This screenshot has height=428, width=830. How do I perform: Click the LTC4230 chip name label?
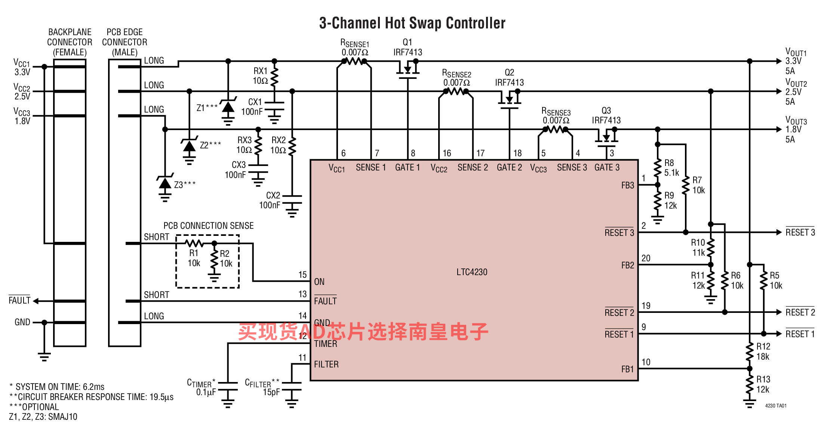pos(472,272)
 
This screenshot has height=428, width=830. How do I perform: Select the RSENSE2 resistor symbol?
pos(456,91)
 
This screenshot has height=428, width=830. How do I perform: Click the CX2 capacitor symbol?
pos(292,199)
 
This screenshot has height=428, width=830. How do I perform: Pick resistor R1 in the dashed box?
pos(194,243)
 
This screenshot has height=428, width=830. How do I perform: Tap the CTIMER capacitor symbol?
pos(228,386)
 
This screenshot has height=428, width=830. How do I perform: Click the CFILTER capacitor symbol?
pos(292,386)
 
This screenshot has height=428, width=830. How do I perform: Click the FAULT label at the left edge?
pos(19,300)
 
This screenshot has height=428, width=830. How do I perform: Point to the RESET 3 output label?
pos(800,232)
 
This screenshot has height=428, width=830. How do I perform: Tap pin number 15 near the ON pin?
pos(302,275)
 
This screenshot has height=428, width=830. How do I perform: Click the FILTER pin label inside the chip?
pos(326,364)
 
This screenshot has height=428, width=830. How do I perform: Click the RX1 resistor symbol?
pos(274,76)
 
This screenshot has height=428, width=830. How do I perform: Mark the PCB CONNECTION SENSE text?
pos(209,225)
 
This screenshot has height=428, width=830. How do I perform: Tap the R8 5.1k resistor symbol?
pos(658,168)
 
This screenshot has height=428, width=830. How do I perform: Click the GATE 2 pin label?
pos(509,167)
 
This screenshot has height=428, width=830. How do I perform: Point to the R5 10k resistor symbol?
pos(763,280)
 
